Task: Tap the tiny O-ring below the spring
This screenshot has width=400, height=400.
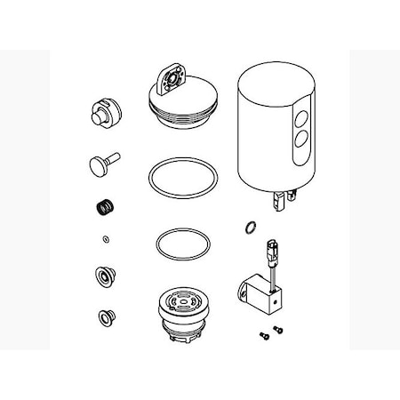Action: click(106, 237)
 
